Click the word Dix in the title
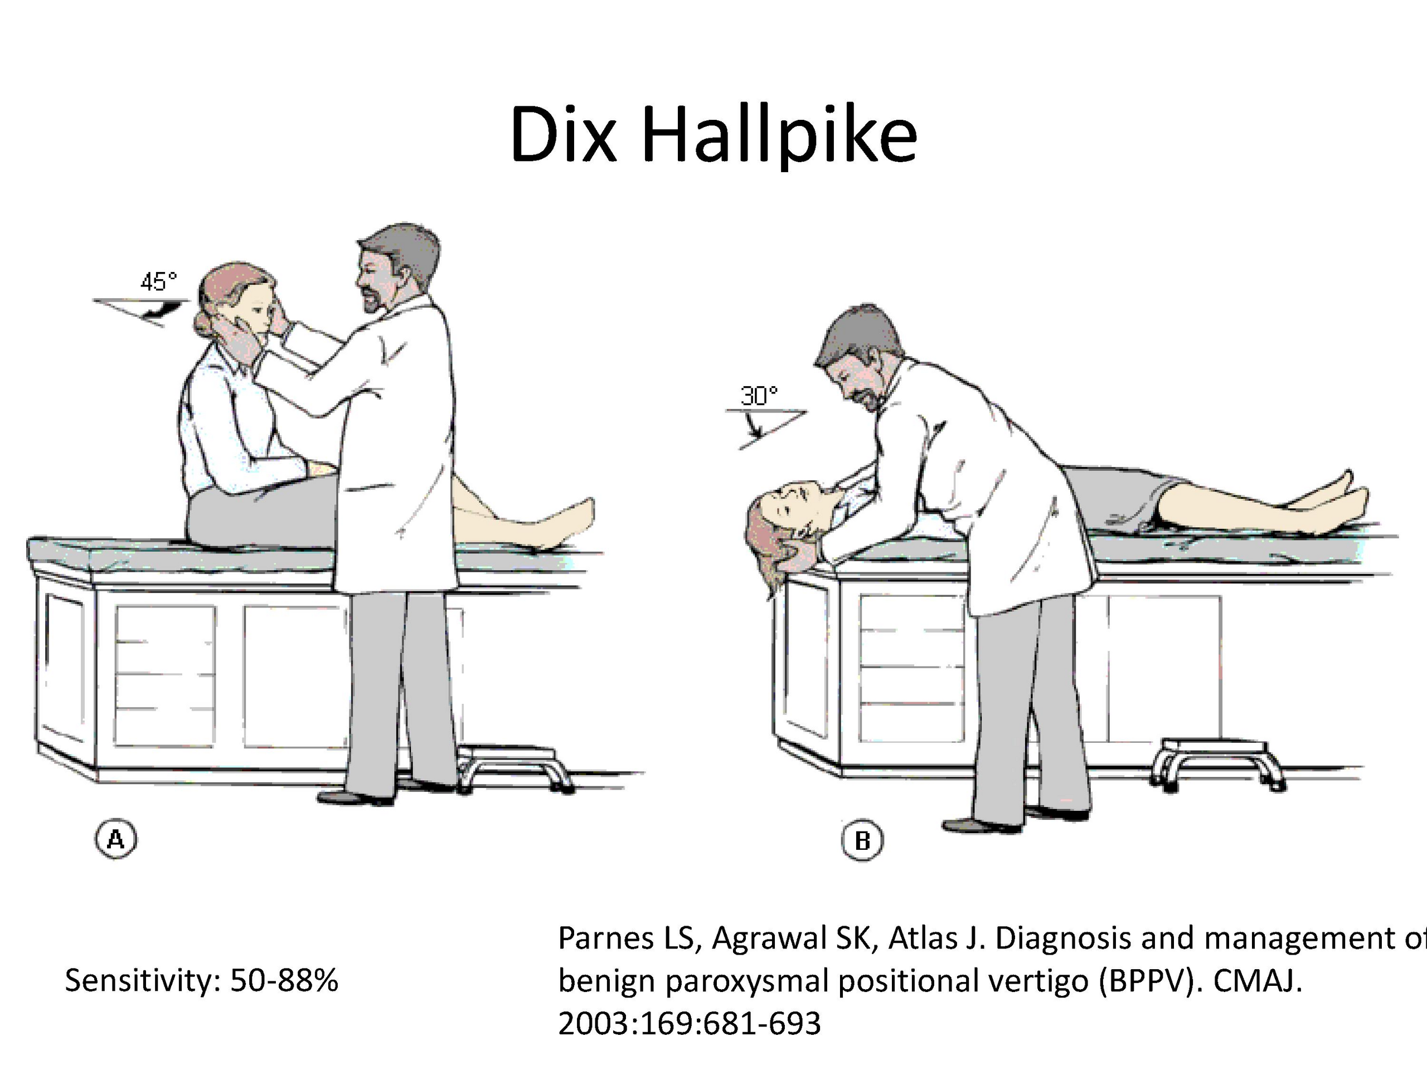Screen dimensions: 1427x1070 click(562, 134)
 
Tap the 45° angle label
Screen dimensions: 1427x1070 click(159, 282)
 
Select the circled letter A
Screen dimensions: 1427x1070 click(116, 839)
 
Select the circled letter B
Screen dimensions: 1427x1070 click(862, 840)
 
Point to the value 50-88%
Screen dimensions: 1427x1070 click(284, 980)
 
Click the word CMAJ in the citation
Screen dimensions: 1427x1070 click(1258, 981)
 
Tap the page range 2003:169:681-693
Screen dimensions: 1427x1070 click(690, 1024)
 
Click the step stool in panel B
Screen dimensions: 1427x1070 click(1219, 763)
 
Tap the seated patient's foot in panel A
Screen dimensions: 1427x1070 click(567, 522)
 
